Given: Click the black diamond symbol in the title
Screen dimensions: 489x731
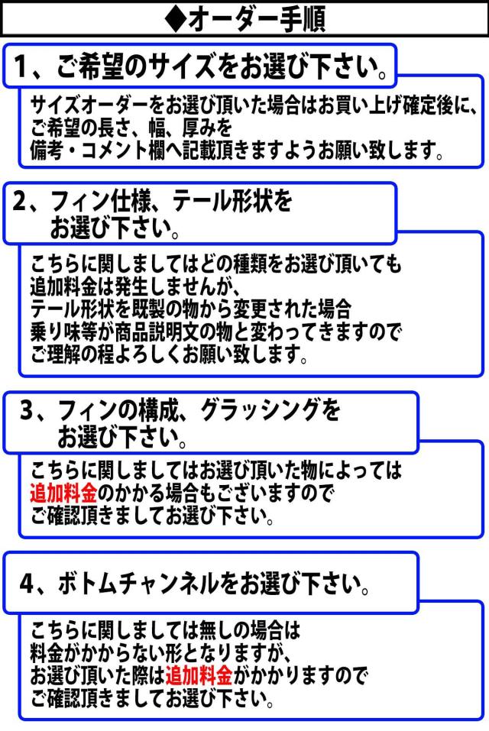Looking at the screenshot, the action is point(176,20).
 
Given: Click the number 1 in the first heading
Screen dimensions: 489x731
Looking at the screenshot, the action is point(20,66).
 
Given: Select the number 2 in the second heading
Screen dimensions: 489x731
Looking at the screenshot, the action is point(20,202).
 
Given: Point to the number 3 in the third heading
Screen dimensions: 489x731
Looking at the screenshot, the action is point(27,411).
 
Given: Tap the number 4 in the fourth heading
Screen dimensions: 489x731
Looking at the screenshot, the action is point(27,583).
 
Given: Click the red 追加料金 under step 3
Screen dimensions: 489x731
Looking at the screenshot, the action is point(64,493).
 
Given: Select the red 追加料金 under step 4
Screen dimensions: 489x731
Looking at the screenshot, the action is point(199,674).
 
